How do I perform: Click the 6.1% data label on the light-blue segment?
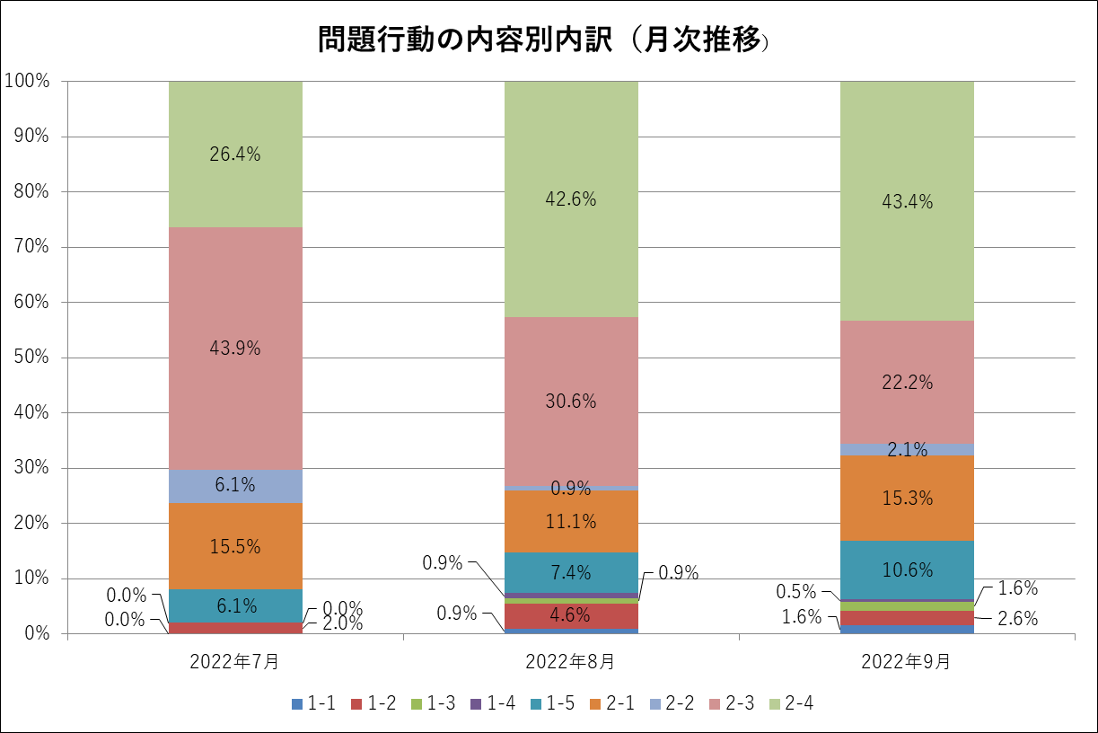(235, 486)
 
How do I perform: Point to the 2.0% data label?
(342, 624)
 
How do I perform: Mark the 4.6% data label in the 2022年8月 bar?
(570, 616)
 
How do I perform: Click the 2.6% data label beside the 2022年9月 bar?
(1017, 618)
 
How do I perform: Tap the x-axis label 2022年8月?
(571, 662)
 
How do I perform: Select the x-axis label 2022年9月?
(906, 662)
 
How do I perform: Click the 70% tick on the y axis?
(30, 247)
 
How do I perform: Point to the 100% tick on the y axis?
(26, 81)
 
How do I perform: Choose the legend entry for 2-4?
(791, 704)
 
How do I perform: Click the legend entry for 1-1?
(314, 704)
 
